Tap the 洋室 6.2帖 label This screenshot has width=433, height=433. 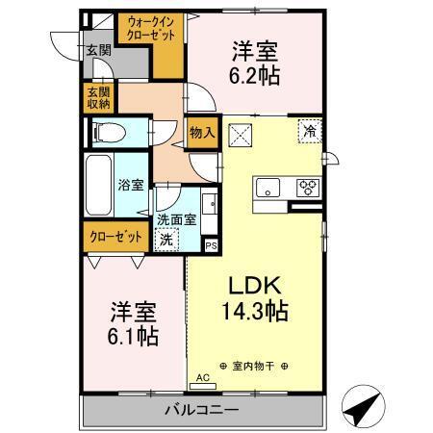254,64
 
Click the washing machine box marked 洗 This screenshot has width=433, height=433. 166,239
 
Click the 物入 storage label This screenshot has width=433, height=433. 200,134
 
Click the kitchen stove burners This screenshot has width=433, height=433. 308,187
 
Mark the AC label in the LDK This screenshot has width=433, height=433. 202,379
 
